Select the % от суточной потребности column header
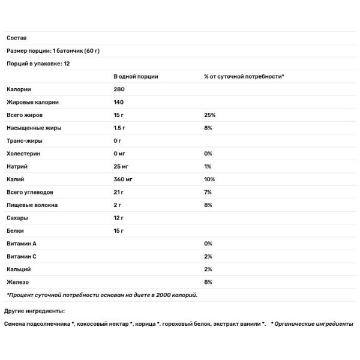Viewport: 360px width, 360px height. point(244,76)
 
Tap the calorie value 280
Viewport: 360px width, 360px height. point(119,89)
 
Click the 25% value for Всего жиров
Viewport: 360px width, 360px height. point(209,115)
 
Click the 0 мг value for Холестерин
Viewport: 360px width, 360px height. point(121,153)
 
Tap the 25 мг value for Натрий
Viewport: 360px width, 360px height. point(122,166)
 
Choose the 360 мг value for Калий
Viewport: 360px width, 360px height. point(124,179)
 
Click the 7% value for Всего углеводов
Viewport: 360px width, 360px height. point(208,191)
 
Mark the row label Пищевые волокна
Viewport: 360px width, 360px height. point(31,205)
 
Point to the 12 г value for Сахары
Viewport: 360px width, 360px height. point(119,217)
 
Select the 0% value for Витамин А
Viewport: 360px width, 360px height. point(208,243)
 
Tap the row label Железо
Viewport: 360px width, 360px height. point(17,281)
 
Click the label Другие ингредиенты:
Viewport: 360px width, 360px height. point(34,311)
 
